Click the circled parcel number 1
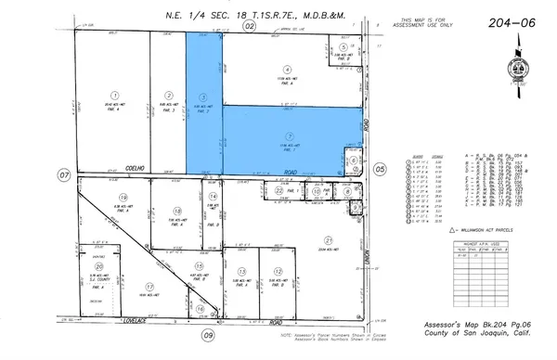point(114,94)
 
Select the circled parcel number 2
point(169,94)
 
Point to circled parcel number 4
point(288,69)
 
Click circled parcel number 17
point(149,287)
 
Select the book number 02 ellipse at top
point(250,28)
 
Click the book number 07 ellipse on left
point(64,174)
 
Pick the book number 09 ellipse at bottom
point(209,335)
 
